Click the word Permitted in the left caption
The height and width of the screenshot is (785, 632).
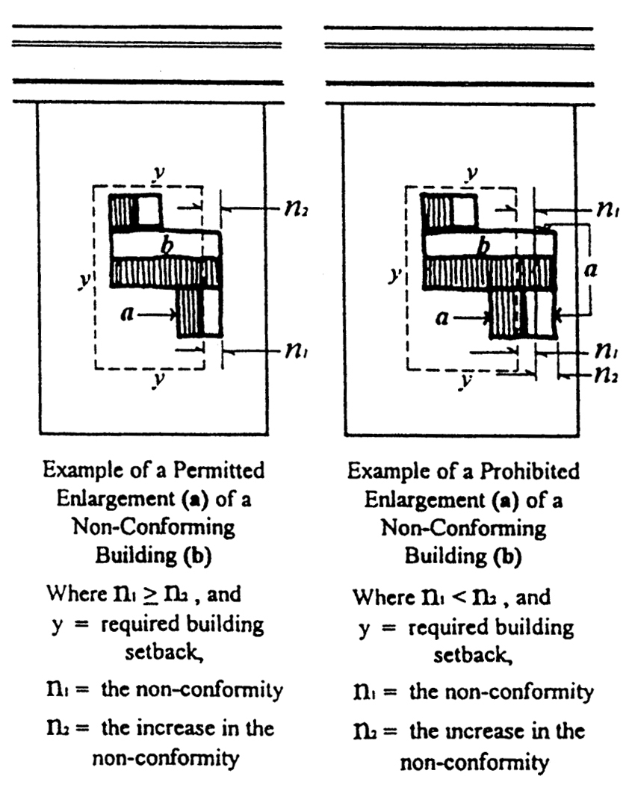click(219, 471)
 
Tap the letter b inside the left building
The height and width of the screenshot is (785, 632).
click(168, 246)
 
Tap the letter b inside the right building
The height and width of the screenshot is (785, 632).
click(484, 247)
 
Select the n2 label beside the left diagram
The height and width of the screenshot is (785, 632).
click(297, 209)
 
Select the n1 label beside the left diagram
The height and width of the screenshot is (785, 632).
click(297, 351)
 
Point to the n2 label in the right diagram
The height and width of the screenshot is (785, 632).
click(607, 374)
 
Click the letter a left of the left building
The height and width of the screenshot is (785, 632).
click(128, 314)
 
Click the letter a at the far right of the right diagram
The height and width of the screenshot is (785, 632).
click(591, 270)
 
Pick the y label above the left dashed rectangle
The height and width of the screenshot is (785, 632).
click(158, 173)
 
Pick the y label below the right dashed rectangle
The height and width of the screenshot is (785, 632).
click(465, 382)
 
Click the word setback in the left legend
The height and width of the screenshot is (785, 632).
click(164, 653)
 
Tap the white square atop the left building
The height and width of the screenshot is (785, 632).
click(149, 211)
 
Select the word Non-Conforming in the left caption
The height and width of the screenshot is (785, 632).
click(154, 527)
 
